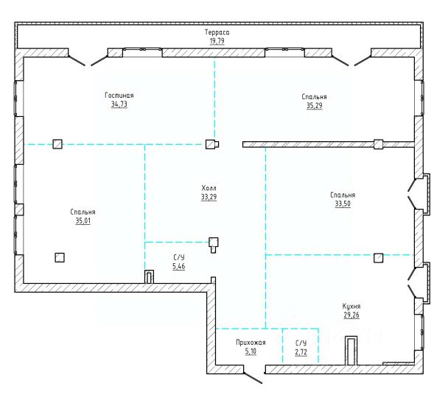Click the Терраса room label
[x=217, y=32]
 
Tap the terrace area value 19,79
[x=217, y=40]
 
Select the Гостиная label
[x=119, y=95]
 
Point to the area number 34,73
[x=119, y=104]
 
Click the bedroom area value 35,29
[x=315, y=105]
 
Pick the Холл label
[x=209, y=188]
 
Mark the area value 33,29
[x=209, y=197]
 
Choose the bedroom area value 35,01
[x=83, y=221]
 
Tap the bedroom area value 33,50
[x=343, y=204]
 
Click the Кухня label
[x=351, y=306]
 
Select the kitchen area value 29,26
[x=351, y=315]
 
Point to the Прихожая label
[x=251, y=343]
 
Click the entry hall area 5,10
[x=251, y=351]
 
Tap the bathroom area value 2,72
[x=301, y=352]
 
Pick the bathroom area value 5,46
[x=179, y=266]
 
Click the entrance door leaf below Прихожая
[x=253, y=378]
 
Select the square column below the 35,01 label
[x=60, y=257]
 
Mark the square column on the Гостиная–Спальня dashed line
[x=57, y=144]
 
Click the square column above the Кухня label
[x=378, y=257]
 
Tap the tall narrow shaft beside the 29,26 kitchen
[x=351, y=351]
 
